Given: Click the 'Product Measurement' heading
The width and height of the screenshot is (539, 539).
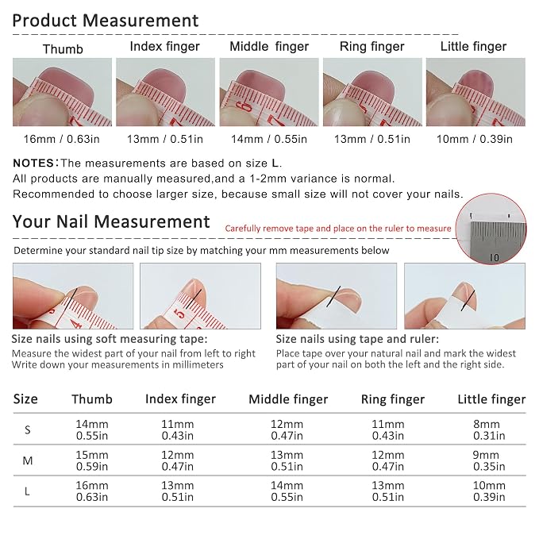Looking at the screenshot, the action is tap(106, 21).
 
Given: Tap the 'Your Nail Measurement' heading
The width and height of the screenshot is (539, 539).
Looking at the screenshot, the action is tap(111, 221).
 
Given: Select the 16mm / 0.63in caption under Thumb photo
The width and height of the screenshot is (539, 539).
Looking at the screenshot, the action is tap(62, 139).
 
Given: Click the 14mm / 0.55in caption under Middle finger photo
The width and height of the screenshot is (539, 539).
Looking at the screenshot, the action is tap(269, 139).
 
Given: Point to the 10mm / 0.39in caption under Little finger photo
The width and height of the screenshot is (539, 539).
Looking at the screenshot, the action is tap(475, 139).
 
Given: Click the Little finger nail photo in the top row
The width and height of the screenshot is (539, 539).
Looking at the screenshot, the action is tap(475, 92).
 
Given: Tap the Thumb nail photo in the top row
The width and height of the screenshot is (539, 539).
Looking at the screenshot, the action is tap(62, 92).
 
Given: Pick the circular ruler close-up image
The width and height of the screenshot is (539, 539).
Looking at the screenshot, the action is tap(491, 229).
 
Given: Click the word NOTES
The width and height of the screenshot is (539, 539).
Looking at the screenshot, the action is tap(33, 163).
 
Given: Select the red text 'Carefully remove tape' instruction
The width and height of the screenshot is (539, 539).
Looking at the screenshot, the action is tap(338, 229).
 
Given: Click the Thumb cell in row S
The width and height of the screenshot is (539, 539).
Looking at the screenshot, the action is tap(92, 429).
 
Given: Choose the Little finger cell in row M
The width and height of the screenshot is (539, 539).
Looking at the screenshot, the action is tap(489, 460).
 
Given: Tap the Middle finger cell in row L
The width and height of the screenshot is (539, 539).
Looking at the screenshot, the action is tap(287, 491).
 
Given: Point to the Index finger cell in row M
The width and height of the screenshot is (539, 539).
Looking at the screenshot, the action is tap(177, 460).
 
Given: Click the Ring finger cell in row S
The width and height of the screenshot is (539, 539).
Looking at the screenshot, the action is tap(387, 429).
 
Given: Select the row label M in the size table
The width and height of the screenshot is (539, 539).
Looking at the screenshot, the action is tap(28, 460).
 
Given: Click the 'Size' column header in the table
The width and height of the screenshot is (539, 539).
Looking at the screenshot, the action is tap(25, 399).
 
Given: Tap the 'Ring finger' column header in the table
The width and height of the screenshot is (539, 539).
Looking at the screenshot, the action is tap(393, 399).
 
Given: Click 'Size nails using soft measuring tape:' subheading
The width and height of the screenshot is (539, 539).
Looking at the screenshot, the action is tap(110, 339).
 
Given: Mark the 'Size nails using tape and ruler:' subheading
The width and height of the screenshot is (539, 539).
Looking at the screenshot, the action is tap(357, 339).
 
